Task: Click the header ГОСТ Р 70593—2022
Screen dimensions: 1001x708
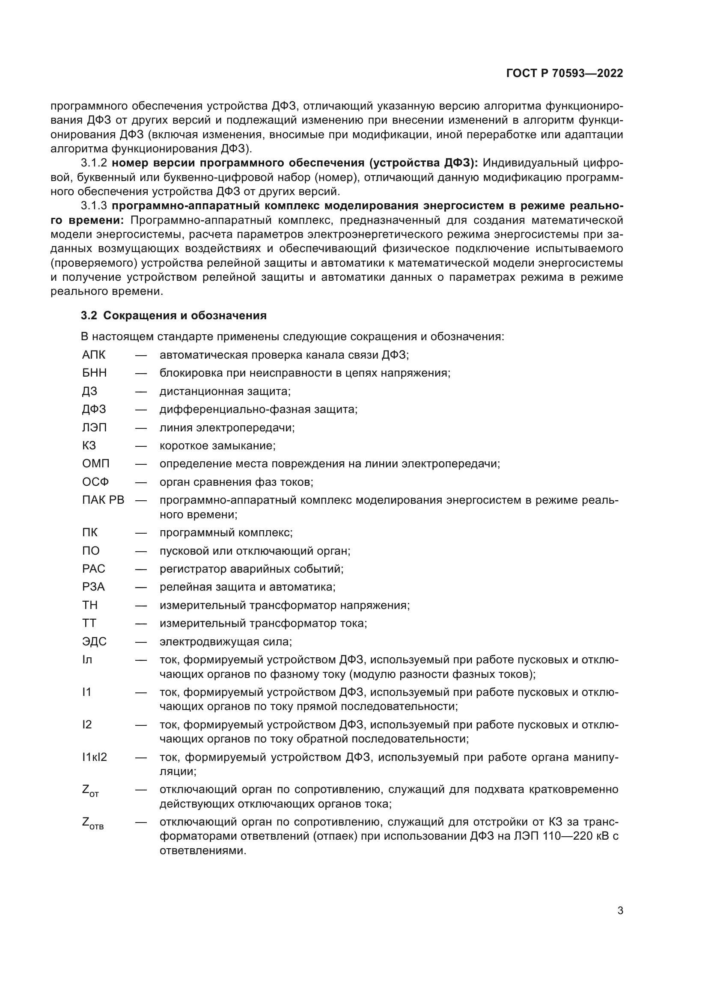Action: click(x=565, y=73)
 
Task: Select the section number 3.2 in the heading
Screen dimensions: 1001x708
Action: click(x=89, y=316)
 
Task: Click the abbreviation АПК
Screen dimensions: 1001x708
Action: click(x=94, y=355)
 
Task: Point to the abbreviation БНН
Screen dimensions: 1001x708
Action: click(x=94, y=373)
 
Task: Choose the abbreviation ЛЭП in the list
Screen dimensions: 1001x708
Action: click(x=94, y=427)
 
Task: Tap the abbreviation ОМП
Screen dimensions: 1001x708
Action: click(x=95, y=463)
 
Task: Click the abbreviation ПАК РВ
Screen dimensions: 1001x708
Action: click(x=103, y=500)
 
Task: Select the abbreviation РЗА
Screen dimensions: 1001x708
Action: click(x=93, y=587)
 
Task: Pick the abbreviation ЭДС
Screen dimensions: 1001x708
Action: click(x=94, y=642)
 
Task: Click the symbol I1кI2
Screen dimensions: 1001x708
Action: click(x=95, y=757)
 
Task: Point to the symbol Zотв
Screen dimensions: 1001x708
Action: click(x=92, y=823)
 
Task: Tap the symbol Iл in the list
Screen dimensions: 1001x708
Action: click(x=87, y=659)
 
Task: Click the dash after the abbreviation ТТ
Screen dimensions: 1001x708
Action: click(x=141, y=624)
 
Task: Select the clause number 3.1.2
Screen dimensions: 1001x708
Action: click(x=94, y=163)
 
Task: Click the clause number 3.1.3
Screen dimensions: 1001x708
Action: click(x=94, y=206)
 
